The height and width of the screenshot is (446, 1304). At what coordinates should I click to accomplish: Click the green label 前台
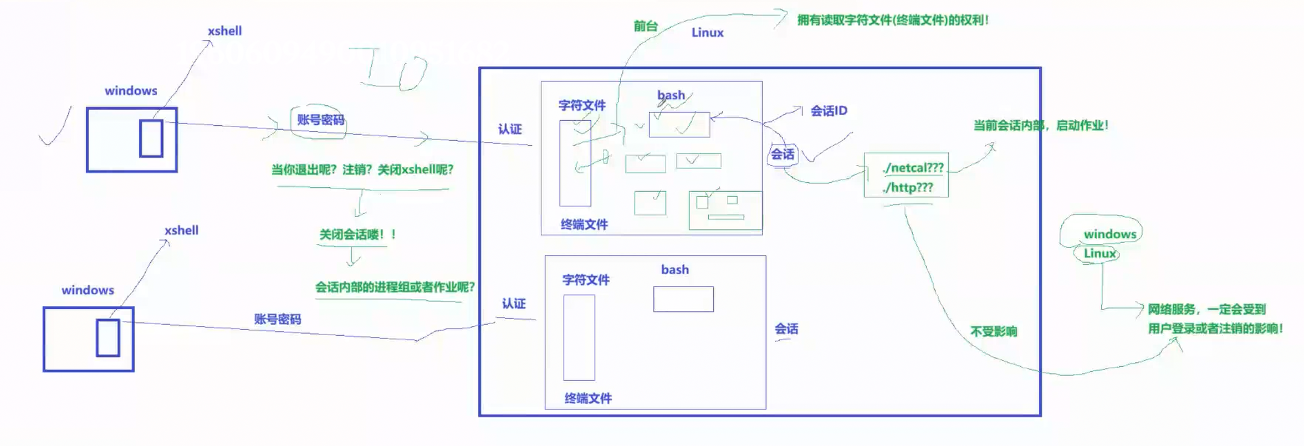pyautogui.click(x=646, y=26)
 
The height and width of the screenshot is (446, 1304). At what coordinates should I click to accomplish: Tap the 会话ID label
pyautogui.click(x=829, y=111)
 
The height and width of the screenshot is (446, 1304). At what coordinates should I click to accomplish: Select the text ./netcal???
pyautogui.click(x=913, y=168)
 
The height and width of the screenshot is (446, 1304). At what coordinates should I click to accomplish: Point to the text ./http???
pyautogui.click(x=908, y=188)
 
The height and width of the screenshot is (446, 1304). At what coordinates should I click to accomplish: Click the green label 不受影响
pyautogui.click(x=994, y=331)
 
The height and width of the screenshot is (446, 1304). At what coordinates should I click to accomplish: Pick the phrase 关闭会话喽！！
pyautogui.click(x=357, y=234)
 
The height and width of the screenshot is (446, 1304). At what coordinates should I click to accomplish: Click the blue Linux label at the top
pyautogui.click(x=707, y=33)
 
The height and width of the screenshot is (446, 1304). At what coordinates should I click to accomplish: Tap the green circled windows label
pyautogui.click(x=1109, y=234)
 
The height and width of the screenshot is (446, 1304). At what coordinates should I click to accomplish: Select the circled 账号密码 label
pyautogui.click(x=320, y=120)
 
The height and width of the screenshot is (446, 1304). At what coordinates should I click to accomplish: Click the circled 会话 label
pyautogui.click(x=783, y=155)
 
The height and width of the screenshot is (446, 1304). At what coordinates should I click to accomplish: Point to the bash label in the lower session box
pyautogui.click(x=674, y=270)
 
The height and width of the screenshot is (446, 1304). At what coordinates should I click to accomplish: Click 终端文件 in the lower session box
pyautogui.click(x=587, y=398)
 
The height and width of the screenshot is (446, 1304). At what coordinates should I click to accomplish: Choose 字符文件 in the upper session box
pyautogui.click(x=581, y=105)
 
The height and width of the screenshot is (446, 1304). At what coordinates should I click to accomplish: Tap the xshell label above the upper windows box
pyautogui.click(x=224, y=31)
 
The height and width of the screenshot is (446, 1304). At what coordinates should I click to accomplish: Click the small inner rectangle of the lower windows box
pyautogui.click(x=108, y=337)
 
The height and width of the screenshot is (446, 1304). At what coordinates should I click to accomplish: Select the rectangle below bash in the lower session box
pyautogui.click(x=683, y=299)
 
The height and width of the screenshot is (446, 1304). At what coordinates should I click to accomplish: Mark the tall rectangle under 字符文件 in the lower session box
pyautogui.click(x=579, y=337)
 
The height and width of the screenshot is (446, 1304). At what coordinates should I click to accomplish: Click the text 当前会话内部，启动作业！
pyautogui.click(x=1040, y=125)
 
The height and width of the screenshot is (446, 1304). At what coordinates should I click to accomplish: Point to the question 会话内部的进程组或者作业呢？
pyautogui.click(x=395, y=287)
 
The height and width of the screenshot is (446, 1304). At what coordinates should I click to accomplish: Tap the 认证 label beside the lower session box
pyautogui.click(x=513, y=304)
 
